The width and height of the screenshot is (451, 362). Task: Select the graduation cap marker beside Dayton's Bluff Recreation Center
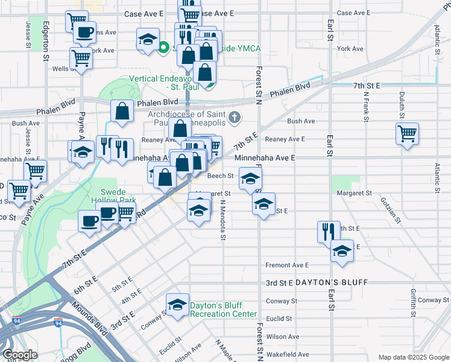pyautogui.click(x=177, y=305)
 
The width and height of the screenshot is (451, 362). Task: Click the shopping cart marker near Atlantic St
pyautogui.click(x=408, y=133)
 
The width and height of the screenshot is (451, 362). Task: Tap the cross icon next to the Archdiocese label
pyautogui.click(x=235, y=118)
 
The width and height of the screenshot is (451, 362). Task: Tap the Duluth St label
pyautogui.click(x=399, y=104)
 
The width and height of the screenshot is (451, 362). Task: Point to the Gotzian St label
pyautogui.click(x=399, y=210)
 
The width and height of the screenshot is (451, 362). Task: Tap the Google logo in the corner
pyautogui.click(x=19, y=355)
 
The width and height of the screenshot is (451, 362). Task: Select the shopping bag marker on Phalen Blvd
pyautogui.click(x=122, y=112)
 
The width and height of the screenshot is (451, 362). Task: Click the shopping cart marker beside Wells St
pyautogui.click(x=80, y=59)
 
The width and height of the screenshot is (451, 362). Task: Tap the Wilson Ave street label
pyautogui.click(x=285, y=337)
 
